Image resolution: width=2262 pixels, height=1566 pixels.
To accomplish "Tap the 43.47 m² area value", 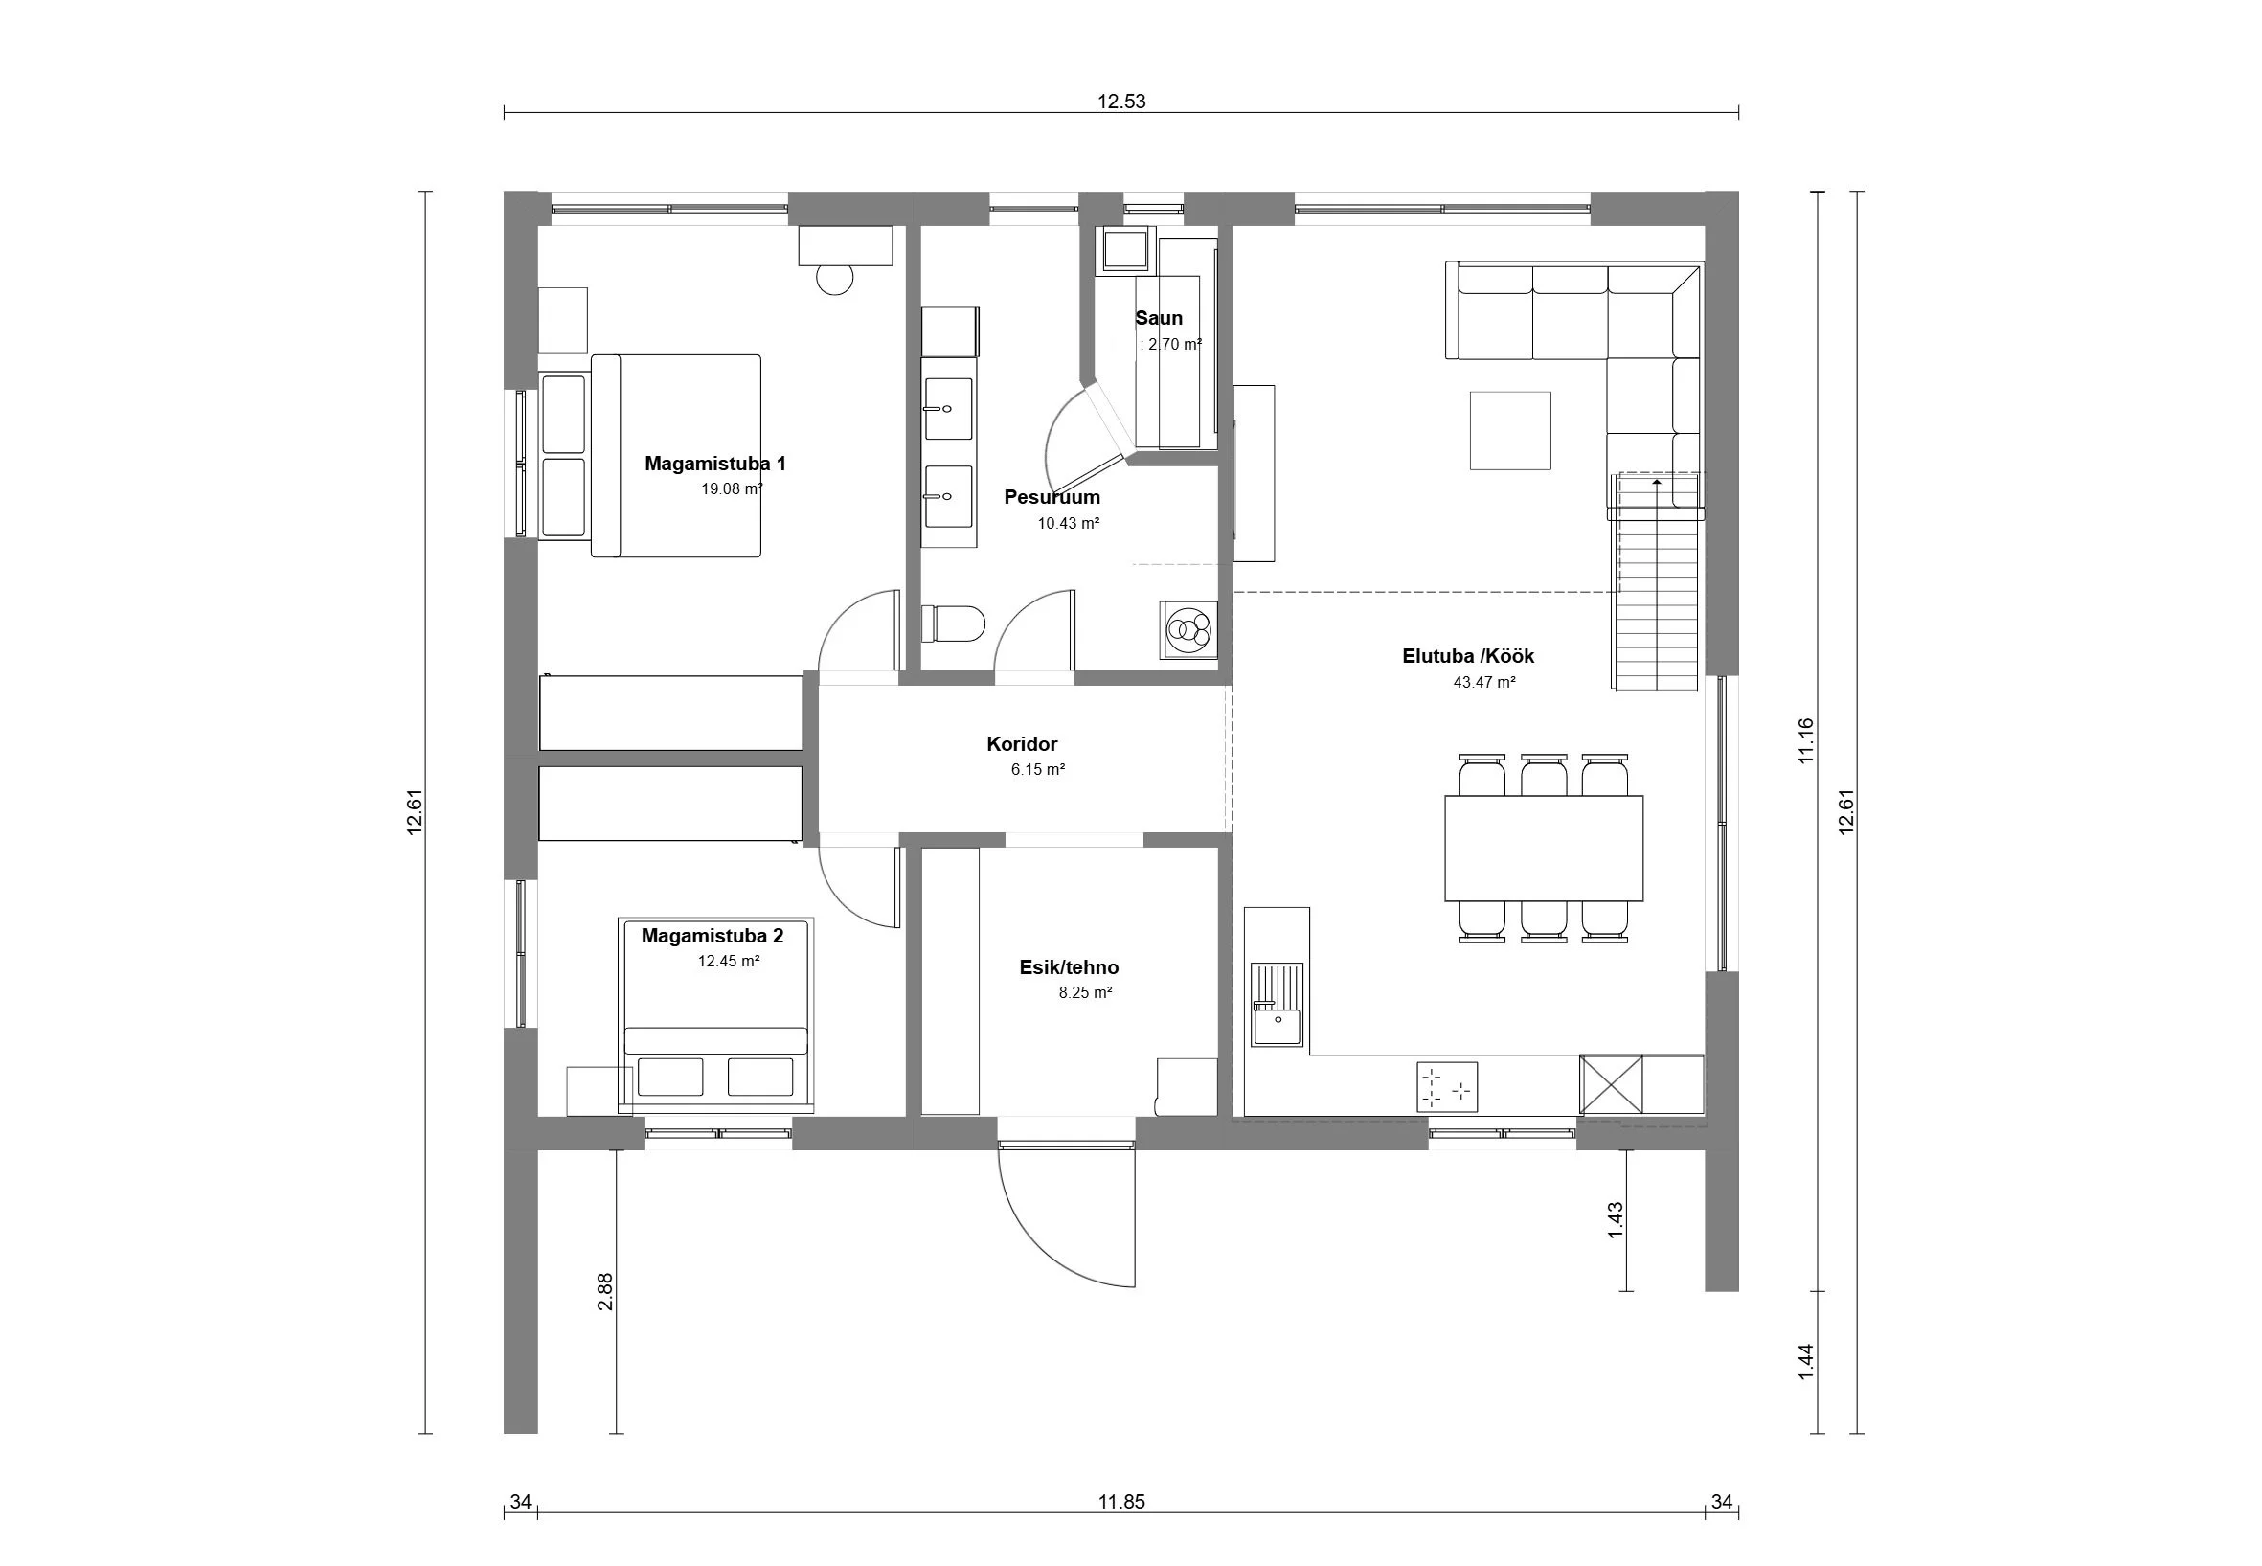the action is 1484,682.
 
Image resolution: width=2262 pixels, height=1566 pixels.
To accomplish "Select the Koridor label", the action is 1022,744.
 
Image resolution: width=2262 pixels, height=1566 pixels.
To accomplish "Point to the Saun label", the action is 1159,318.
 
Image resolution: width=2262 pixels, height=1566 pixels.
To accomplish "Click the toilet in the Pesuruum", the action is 954,624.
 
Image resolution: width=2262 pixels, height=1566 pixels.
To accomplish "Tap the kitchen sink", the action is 1278,1004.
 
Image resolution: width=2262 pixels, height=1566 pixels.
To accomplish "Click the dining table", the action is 1543,848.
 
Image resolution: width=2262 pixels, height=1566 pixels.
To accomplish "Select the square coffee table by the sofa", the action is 1509,431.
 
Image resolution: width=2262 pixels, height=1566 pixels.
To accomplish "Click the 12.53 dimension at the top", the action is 1121,102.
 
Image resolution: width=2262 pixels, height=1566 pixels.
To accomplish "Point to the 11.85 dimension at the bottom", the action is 1121,1501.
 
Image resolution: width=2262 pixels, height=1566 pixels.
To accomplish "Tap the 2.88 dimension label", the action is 605,1291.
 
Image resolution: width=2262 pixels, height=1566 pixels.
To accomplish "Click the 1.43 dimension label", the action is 1616,1220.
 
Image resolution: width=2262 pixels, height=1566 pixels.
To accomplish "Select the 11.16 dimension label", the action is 1806,740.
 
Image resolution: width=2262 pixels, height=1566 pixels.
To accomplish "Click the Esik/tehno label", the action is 1069,967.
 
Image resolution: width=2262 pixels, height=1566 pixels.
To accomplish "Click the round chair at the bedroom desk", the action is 836,279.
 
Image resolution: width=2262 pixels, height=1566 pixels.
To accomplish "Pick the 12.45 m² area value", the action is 729,961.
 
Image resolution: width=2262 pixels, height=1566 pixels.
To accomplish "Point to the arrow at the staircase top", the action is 1657,484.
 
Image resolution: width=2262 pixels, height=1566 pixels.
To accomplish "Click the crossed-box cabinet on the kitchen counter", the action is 1611,1084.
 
